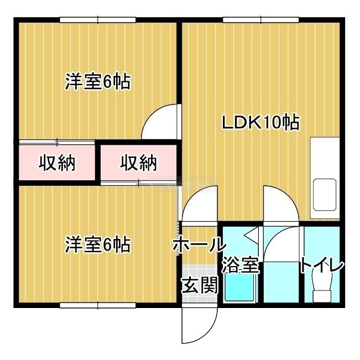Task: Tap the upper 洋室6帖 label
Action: tap(98, 81)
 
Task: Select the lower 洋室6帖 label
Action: tap(98, 244)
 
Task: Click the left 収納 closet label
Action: tap(57, 163)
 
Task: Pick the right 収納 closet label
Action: tap(139, 163)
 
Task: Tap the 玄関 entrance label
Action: tap(200, 285)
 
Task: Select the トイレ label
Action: tap(322, 265)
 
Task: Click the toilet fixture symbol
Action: tap(322, 286)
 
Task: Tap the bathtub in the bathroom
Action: tap(241, 288)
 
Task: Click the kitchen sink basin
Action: tap(325, 195)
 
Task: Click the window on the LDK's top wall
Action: tap(261, 20)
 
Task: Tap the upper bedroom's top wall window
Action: tap(98, 20)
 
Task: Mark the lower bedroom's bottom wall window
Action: tap(98, 305)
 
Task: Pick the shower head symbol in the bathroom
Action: tap(251, 234)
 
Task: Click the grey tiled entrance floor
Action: tap(199, 284)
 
